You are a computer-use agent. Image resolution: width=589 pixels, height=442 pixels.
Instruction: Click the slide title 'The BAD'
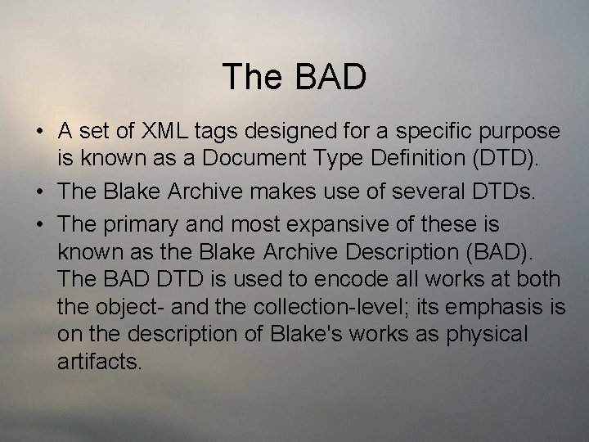coord(294,77)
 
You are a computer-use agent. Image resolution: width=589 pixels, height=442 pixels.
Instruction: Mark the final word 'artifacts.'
coord(100,361)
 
